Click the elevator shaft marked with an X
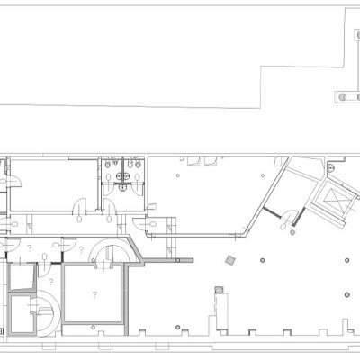[x=334, y=200]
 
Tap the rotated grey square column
[x=230, y=260]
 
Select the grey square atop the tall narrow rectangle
[x=220, y=290]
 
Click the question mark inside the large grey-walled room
[x=94, y=294]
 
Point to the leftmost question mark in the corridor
[x=30, y=248]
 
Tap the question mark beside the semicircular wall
[x=81, y=250]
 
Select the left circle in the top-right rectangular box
[x=342, y=97]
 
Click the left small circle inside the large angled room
[x=178, y=175]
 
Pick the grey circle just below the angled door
[x=292, y=232]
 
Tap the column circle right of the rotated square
[x=263, y=260]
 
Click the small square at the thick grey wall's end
[x=178, y=260]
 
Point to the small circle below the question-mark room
[x=94, y=327]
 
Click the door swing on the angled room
[x=292, y=212]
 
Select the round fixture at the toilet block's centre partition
[x=122, y=188]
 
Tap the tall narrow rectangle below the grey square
[x=221, y=311]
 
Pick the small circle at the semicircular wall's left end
[x=94, y=260]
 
